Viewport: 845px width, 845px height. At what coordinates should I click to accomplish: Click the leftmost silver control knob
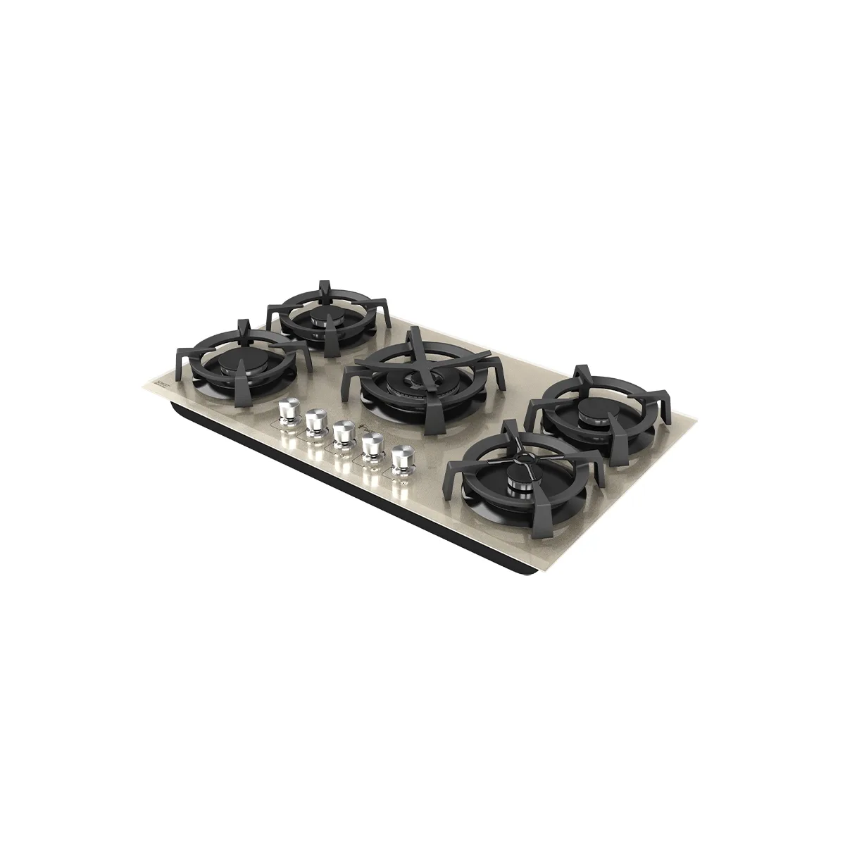pos(288,410)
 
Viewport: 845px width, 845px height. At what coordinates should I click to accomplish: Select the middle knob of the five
pos(344,432)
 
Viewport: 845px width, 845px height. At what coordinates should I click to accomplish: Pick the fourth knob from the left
pos(371,445)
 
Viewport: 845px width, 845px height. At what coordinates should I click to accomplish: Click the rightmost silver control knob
pos(401,456)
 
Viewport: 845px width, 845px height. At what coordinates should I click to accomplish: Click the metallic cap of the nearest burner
pos(518,482)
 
